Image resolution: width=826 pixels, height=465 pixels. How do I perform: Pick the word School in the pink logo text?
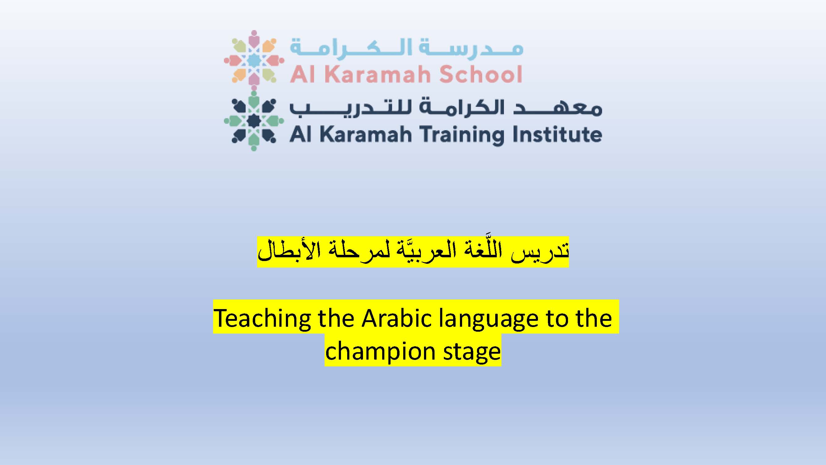click(481, 74)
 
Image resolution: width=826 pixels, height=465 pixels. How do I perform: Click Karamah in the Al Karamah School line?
click(378, 74)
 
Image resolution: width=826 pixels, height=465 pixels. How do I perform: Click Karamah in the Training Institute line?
click(366, 134)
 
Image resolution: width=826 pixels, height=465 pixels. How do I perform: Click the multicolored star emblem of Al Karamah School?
click(254, 60)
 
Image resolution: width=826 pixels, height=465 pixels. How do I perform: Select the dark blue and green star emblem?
click(254, 121)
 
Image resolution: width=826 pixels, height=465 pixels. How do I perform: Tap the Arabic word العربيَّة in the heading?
click(420, 251)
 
